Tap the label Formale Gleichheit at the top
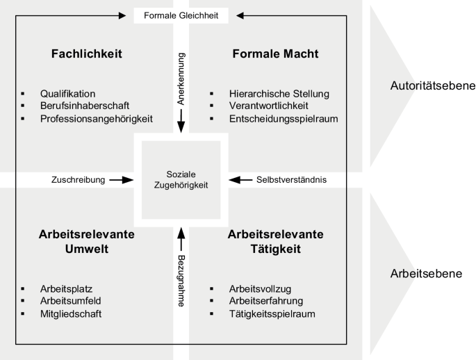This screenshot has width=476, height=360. tap(181, 15)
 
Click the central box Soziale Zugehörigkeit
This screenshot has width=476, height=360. tap(181, 180)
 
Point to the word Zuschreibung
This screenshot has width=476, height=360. tap(77, 180)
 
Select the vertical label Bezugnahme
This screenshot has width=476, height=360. tap(181, 276)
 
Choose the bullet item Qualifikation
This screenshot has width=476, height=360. tap(67, 94)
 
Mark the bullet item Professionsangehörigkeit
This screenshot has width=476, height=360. tap(97, 119)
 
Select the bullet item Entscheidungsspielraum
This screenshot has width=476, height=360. tap(284, 119)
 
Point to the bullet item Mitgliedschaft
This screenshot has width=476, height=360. tap(72, 313)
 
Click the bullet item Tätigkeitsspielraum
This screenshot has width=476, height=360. tap(272, 313)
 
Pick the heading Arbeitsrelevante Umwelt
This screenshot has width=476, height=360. tap(87, 243)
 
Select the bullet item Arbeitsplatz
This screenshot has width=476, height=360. tap(67, 288)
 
